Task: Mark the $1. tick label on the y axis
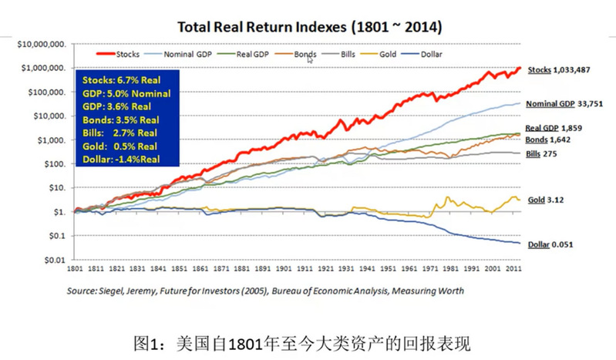pos(57,212)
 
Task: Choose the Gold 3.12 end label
pos(544,200)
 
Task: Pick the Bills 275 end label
pos(541,154)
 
